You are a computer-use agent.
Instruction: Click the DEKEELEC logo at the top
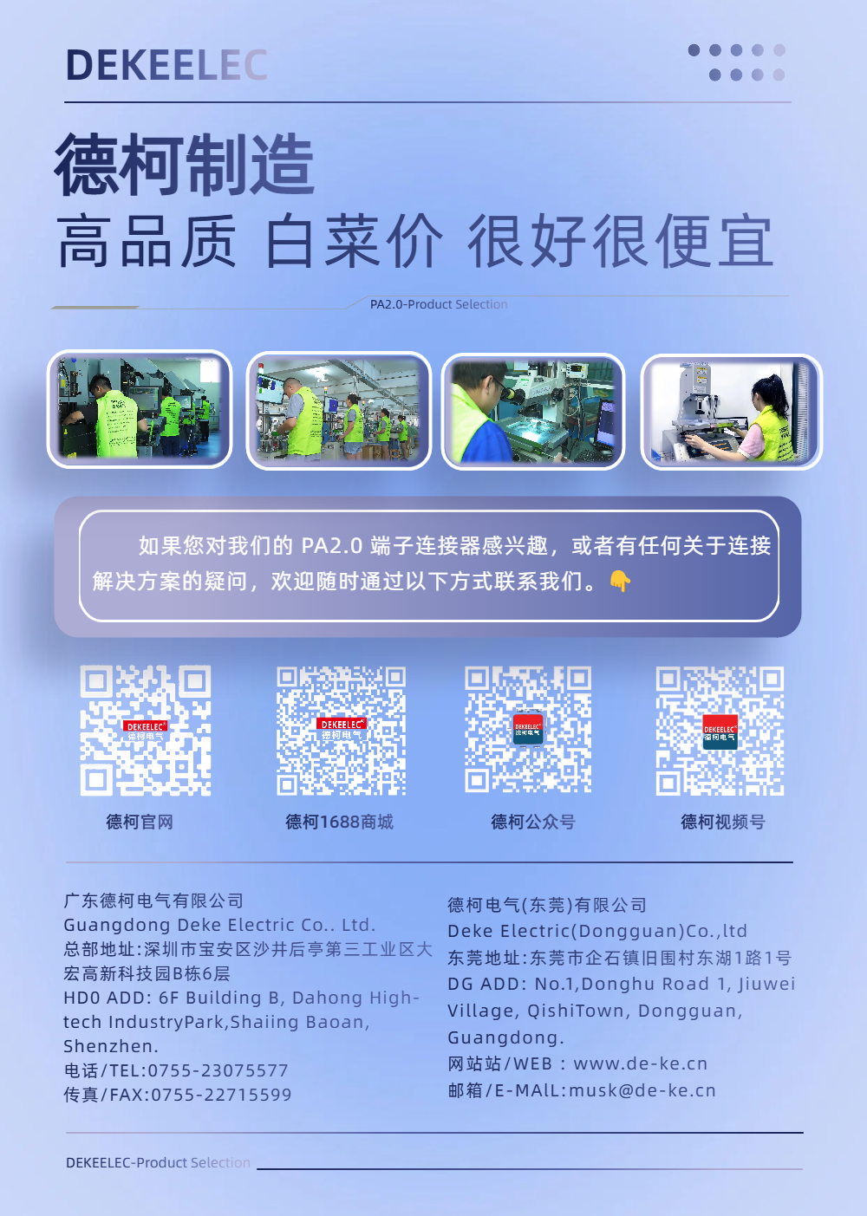[x=166, y=65]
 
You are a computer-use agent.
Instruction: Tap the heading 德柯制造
[x=185, y=165]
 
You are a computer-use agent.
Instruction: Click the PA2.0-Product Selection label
[x=439, y=304]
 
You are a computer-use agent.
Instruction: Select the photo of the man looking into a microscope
[x=533, y=412]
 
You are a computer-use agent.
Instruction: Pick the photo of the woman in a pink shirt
[x=731, y=412]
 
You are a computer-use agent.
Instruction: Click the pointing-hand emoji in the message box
[x=620, y=581]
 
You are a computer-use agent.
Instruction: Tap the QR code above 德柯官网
[x=146, y=731]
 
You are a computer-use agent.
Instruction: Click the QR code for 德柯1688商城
[x=341, y=731]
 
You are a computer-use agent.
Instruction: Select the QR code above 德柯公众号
[x=528, y=730]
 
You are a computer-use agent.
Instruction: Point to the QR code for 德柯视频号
[x=720, y=731]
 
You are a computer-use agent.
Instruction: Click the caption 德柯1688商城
[x=339, y=822]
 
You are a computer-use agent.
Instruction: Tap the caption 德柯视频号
[x=722, y=822]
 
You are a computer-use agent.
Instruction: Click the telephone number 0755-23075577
[x=218, y=1070]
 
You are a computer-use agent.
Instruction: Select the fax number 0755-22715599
[x=221, y=1095]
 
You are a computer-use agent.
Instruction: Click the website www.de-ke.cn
[x=641, y=1063]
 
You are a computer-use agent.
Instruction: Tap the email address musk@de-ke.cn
[x=642, y=1090]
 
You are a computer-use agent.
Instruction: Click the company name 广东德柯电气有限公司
[x=153, y=901]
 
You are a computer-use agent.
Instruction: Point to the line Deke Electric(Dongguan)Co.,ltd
[x=597, y=931]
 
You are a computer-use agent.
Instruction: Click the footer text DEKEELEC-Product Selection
[x=158, y=1162]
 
